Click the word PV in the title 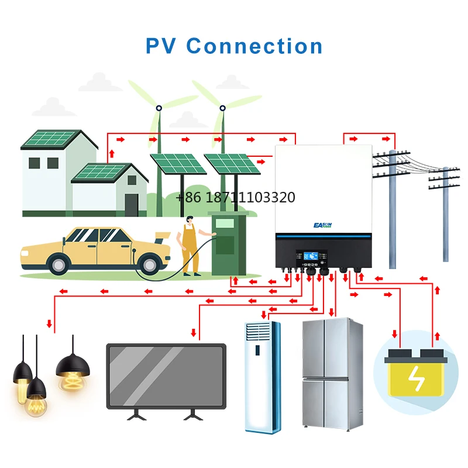point(160,46)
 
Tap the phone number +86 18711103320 point(235,198)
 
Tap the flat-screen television point(166,376)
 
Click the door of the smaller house point(132,204)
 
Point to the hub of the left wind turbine point(159,108)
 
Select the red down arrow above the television point(194,332)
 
